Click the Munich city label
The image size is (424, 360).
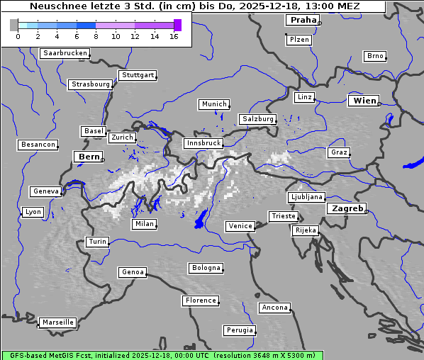(x=214, y=104)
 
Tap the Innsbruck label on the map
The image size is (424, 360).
(x=203, y=143)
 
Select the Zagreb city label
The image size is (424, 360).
(x=347, y=208)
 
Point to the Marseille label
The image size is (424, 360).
(x=58, y=322)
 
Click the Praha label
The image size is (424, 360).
(x=303, y=20)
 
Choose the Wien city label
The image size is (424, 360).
(x=365, y=101)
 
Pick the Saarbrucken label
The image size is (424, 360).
(x=65, y=53)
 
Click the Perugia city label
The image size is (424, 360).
(x=240, y=330)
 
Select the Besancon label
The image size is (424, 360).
(x=38, y=145)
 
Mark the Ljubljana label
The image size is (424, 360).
(x=306, y=197)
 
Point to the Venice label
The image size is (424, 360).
(x=240, y=226)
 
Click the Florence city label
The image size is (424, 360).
(x=201, y=300)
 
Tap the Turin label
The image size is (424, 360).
(x=97, y=242)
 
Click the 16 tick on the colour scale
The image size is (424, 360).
(x=173, y=36)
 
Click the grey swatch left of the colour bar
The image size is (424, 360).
(x=14, y=25)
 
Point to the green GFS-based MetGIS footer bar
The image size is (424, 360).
(x=162, y=355)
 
